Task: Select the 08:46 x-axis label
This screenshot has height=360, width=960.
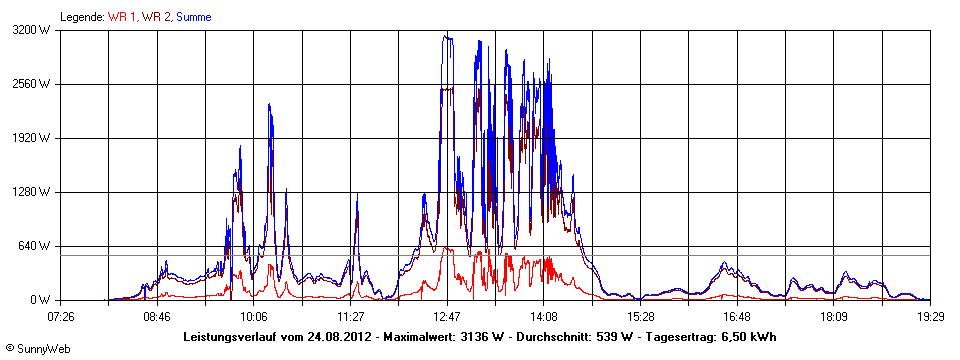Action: tap(157, 316)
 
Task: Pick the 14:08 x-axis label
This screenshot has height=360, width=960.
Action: tap(543, 316)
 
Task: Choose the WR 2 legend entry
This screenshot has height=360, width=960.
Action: tap(155, 16)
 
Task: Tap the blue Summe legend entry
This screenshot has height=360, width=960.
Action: tap(193, 16)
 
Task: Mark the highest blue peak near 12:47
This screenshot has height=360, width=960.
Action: tap(447, 36)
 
